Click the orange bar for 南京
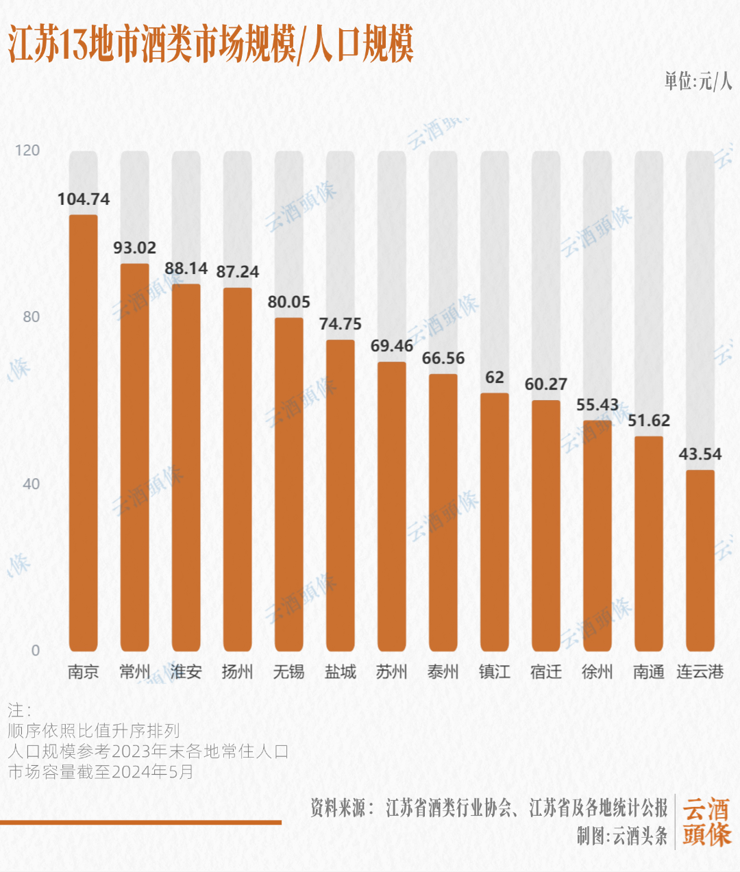(x=84, y=433)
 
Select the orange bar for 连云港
(x=700, y=560)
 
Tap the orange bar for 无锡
(x=289, y=484)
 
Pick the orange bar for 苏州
(x=392, y=506)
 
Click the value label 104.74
(x=84, y=199)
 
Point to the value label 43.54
(x=700, y=454)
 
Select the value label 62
(x=495, y=377)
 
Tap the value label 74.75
(x=341, y=324)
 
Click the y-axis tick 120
(x=27, y=150)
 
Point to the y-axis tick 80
(x=32, y=316)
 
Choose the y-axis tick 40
(x=32, y=484)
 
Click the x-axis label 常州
(x=135, y=672)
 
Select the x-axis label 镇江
(x=495, y=672)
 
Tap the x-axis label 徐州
(x=597, y=672)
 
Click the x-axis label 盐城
(x=341, y=672)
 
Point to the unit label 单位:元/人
(x=698, y=82)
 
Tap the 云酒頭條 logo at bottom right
(x=706, y=822)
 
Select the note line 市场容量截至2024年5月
(x=101, y=772)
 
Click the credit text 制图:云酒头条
(x=621, y=836)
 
